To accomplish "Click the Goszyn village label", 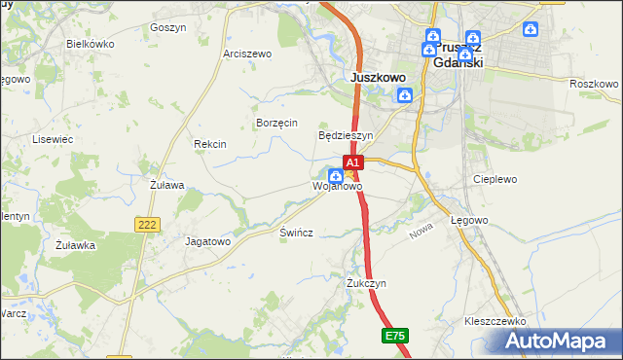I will pos(167,28).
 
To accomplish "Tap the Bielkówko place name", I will pos(90,45).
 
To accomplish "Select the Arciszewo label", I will pos(247,54).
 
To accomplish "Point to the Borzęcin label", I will pos(275,123).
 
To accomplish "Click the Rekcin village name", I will pos(210,144).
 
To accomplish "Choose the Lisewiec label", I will pos(54,139).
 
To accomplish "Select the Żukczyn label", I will pos(367,283).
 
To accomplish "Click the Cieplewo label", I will pos(493,179).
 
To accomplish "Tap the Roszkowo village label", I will pos(594,85).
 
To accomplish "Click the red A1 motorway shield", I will pos(353,162).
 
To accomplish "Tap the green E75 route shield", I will pos(394,336).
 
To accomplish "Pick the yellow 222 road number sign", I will pos(147,225).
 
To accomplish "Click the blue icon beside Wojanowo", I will pos(335,176).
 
